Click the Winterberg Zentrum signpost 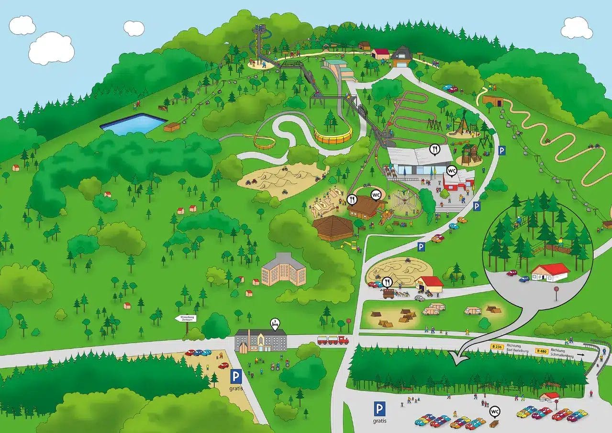pos(185,319)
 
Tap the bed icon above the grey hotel pos(275,323)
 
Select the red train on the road pos(333,340)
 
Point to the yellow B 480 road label pos(542,351)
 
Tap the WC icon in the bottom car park pos(495,411)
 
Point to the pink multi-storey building pos(284,270)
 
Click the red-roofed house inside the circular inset pos(550,272)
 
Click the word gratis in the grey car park pos(379,421)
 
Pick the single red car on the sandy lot pos(223,366)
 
